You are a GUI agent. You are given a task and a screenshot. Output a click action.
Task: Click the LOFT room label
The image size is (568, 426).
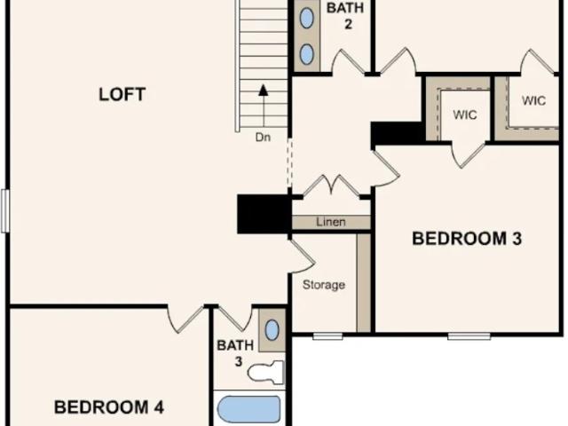pos(122,94)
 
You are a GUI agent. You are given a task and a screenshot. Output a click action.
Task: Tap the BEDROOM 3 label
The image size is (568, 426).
pos(467,239)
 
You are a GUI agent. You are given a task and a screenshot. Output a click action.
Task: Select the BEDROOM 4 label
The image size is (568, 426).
pos(109,407)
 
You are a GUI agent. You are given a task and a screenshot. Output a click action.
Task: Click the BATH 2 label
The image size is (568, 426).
pos(345,16)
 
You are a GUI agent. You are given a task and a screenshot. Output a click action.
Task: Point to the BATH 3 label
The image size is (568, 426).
pos(235,353)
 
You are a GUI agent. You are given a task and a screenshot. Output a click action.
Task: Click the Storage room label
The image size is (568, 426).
pos(323,285)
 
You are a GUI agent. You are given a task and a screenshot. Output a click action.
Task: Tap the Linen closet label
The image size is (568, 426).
pos(331,222)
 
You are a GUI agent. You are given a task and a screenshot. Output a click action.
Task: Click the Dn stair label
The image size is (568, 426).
pos(263,138)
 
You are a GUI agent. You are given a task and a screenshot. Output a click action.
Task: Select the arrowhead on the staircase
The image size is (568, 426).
pos(264,91)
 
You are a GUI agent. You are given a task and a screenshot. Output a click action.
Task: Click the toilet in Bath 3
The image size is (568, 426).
pos(266,373)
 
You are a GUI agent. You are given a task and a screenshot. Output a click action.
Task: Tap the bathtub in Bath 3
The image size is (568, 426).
pos(248,409)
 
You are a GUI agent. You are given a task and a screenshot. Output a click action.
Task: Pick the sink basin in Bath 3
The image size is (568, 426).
pos(272,330)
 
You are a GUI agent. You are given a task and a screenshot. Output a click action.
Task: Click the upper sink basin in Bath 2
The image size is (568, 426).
pos(307,18)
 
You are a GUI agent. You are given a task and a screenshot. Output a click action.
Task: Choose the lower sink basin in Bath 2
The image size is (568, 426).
pos(307,54)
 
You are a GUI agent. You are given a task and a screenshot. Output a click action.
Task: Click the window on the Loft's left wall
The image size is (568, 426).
pos(4,211)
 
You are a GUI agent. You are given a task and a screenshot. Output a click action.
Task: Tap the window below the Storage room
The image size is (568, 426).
pos(327,336)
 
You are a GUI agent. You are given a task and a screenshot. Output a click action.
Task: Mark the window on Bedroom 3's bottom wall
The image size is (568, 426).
pos(469,336)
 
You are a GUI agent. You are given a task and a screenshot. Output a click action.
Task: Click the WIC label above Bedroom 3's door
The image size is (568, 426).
pos(465,114)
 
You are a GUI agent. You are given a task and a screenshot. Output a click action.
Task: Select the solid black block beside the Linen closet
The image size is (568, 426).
pos(264,214)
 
